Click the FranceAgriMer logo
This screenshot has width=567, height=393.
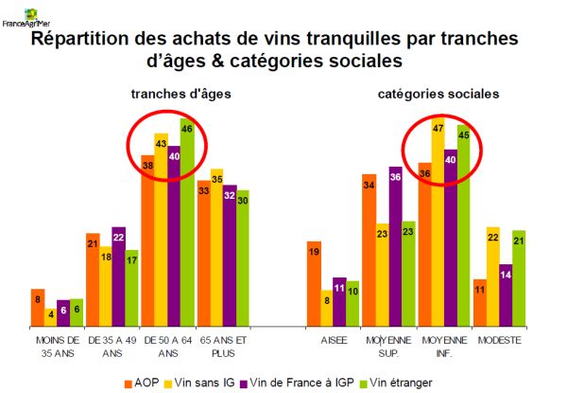pyautogui.click(x=26, y=17)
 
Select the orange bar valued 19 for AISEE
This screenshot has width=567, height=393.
pyautogui.click(x=314, y=283)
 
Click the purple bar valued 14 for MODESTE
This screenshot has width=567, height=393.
pyautogui.click(x=506, y=295)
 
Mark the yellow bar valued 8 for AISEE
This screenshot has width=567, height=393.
pyautogui.click(x=327, y=309)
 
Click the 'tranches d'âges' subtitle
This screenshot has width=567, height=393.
pyautogui.click(x=181, y=94)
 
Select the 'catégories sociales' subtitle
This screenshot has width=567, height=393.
pyautogui.click(x=438, y=94)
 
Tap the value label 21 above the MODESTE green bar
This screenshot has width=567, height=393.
pyautogui.click(x=519, y=241)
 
